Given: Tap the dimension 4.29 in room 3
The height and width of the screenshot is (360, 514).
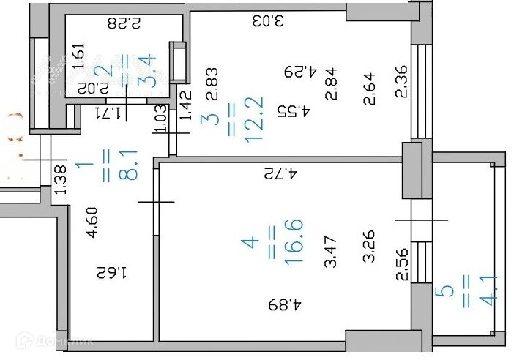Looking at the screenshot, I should tap(299, 72).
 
